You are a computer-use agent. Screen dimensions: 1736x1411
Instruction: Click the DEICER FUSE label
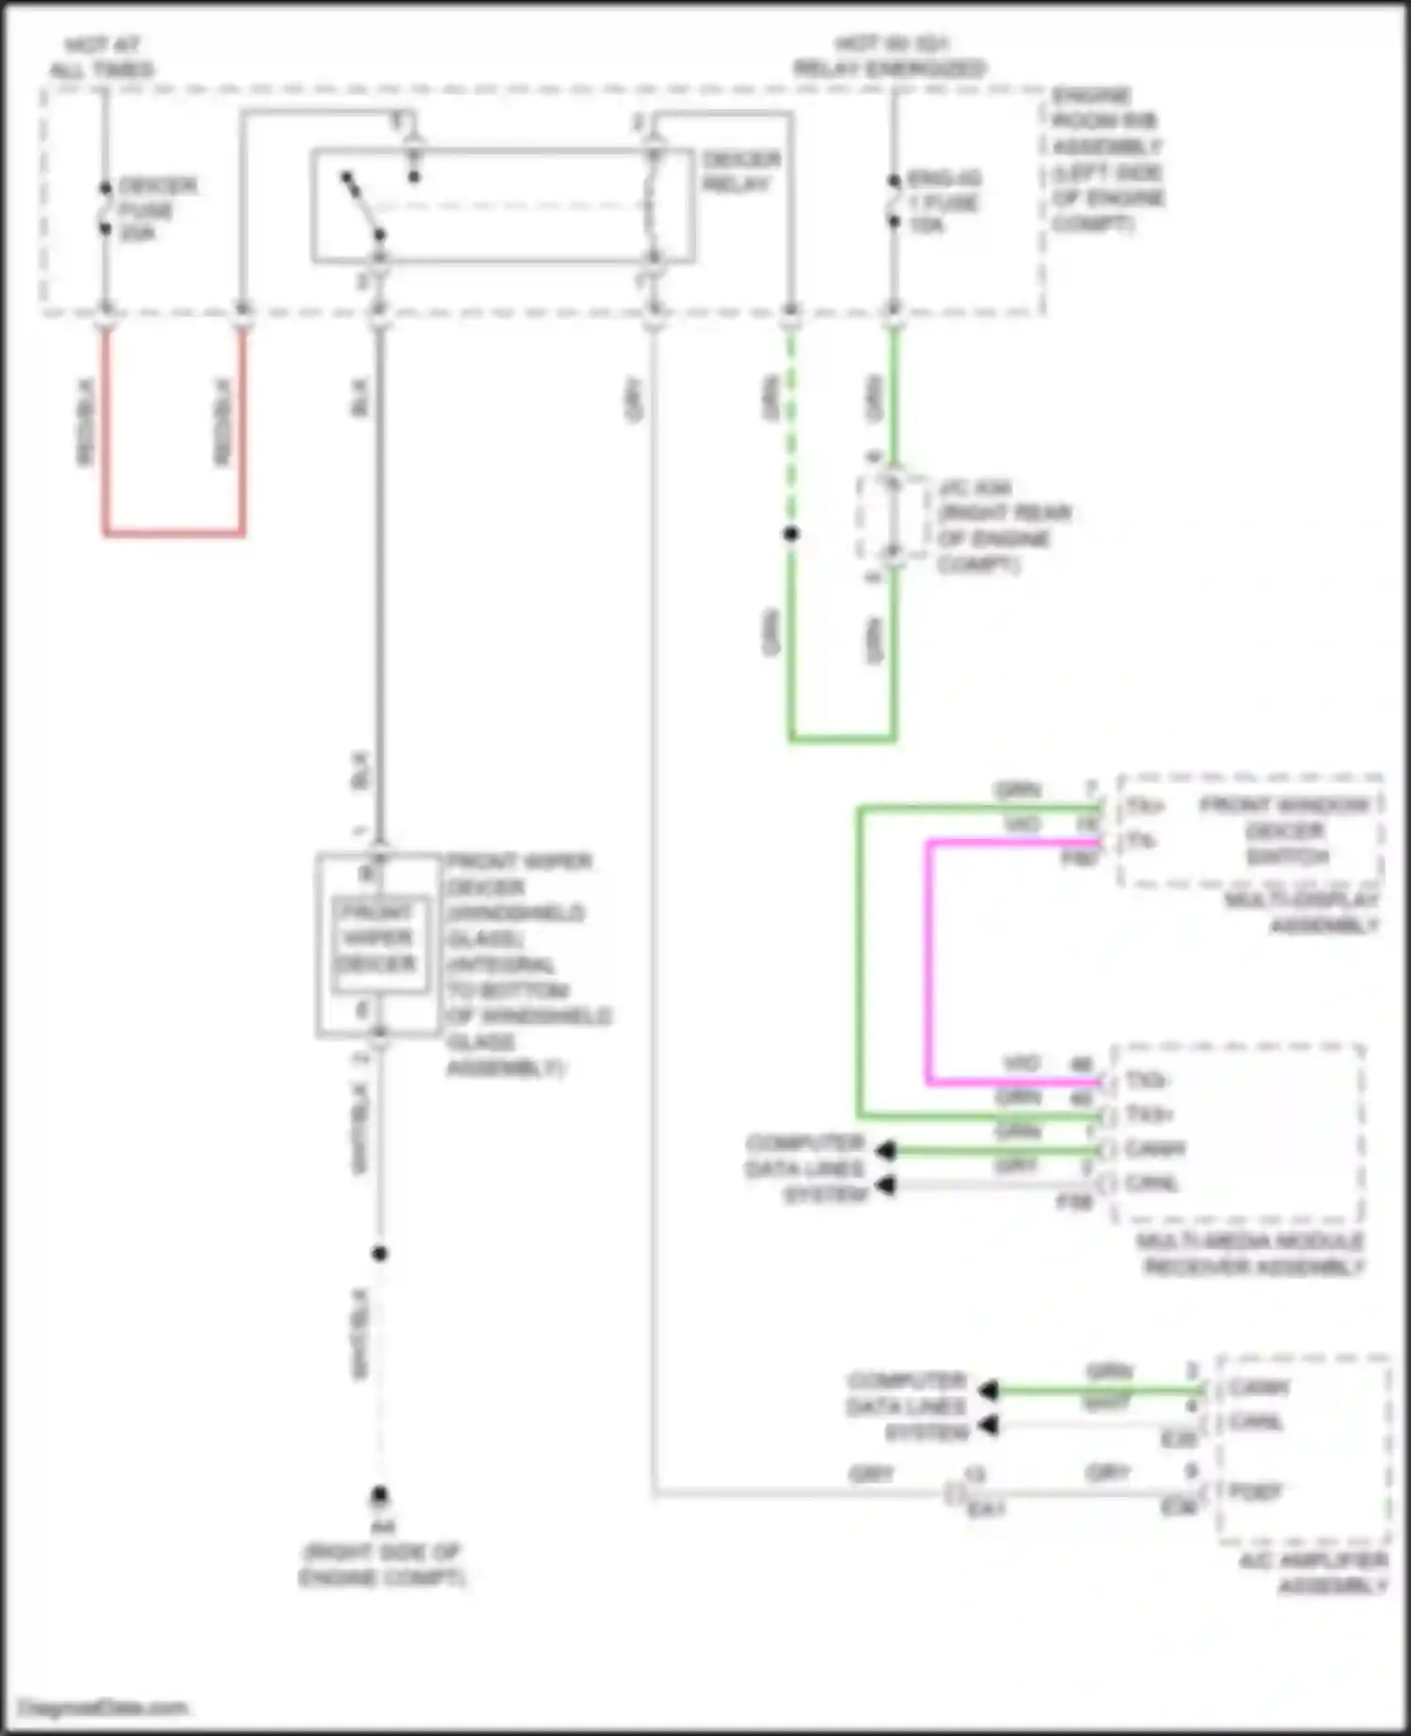point(155,209)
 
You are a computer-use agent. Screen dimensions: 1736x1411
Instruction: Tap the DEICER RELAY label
point(740,171)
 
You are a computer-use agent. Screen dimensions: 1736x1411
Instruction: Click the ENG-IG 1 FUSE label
point(943,201)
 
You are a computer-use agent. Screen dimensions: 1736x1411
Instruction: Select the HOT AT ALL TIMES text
point(101,57)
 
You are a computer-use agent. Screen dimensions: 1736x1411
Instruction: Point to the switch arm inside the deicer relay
point(362,205)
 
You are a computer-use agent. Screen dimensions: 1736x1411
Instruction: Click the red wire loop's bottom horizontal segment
point(174,533)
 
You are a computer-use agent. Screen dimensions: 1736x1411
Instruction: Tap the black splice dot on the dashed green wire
point(791,533)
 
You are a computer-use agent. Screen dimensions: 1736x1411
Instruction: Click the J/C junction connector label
point(1003,526)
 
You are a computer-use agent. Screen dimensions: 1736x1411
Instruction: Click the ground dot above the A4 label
point(379,1493)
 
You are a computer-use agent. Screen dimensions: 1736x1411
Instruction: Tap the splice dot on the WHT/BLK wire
point(379,1253)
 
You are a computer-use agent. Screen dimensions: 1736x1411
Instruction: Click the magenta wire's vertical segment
point(929,959)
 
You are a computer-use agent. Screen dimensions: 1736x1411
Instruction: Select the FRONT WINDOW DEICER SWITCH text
point(1285,830)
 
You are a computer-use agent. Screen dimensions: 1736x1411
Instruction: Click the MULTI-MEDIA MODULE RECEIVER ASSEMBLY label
point(1251,1253)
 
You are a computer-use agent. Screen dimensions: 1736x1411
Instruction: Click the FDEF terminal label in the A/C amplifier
point(1255,1491)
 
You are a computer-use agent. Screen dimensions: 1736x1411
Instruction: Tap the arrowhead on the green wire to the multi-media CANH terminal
point(884,1150)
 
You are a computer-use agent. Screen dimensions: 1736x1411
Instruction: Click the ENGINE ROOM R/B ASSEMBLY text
point(1106,159)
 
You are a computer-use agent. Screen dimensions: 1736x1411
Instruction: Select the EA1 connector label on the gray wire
point(986,1508)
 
